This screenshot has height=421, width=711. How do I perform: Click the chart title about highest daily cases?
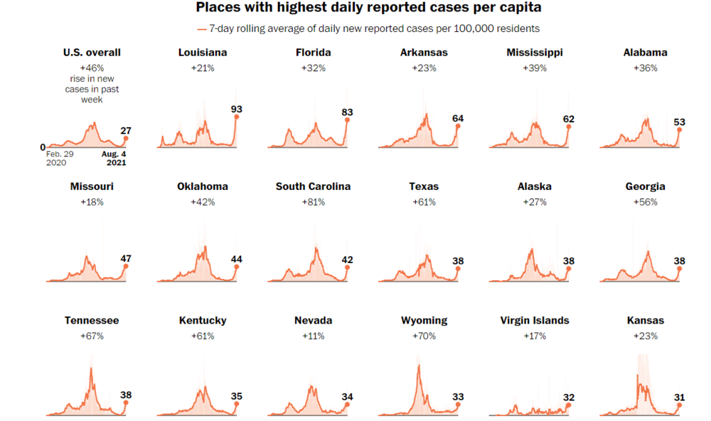coord(355,9)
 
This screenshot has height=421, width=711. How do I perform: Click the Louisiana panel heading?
coord(203,52)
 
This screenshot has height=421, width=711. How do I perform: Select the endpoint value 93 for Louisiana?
coord(237,109)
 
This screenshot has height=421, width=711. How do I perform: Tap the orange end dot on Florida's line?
coord(347,119)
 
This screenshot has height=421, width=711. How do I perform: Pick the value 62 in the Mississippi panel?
coord(568,119)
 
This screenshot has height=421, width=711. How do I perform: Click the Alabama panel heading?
coord(645,52)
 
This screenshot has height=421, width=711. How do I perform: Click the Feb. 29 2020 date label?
coord(59,157)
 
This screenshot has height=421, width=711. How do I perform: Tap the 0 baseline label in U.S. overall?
coord(43,146)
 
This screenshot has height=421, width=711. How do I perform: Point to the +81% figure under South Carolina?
coord(313,202)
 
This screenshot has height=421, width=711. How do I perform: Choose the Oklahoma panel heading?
coord(203,186)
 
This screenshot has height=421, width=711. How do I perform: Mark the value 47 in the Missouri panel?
coord(126,259)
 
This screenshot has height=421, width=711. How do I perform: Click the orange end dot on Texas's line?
coord(458,269)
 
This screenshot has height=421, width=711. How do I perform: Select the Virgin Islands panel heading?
coord(534,320)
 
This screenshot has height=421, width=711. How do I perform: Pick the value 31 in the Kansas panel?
coord(679,397)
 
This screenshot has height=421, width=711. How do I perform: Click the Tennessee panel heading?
coord(92,320)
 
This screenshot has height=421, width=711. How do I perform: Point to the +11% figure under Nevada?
coord(313,336)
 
